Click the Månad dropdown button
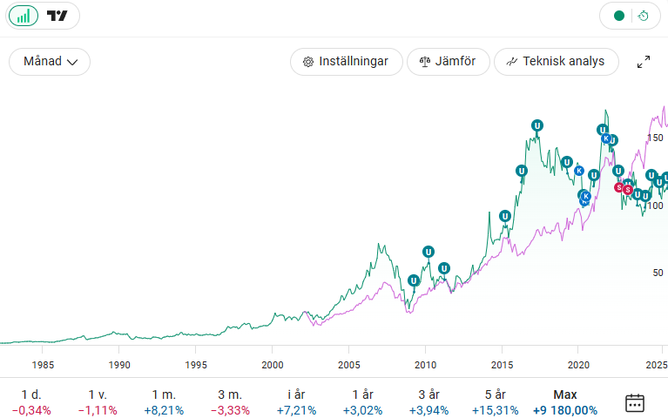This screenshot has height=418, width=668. [x=50, y=62]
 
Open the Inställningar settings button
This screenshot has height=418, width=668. [x=346, y=62]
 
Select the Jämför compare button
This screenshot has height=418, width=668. [x=448, y=62]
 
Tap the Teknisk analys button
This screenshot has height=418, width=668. [x=556, y=62]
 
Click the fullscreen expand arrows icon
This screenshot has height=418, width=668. [x=644, y=62]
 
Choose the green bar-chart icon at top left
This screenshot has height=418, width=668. [x=23, y=16]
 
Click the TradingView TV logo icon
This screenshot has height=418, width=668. [x=57, y=16]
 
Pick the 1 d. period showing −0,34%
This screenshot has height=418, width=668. [x=31, y=402]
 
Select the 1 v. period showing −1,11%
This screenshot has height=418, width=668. [x=98, y=402]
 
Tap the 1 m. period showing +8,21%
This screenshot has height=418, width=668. [x=163, y=402]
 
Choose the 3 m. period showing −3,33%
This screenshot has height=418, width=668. [x=230, y=402]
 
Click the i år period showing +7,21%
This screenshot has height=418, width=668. [x=295, y=402]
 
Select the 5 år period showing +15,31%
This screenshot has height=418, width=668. [x=495, y=402]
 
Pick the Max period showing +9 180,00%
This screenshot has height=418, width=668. [x=564, y=402]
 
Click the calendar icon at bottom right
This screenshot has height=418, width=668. [x=635, y=402]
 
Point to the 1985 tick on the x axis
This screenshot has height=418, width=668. [x=43, y=364]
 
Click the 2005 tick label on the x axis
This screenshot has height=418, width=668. [x=348, y=364]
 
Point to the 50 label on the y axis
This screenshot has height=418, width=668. [x=658, y=273]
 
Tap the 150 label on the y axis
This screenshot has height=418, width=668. [x=657, y=138]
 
